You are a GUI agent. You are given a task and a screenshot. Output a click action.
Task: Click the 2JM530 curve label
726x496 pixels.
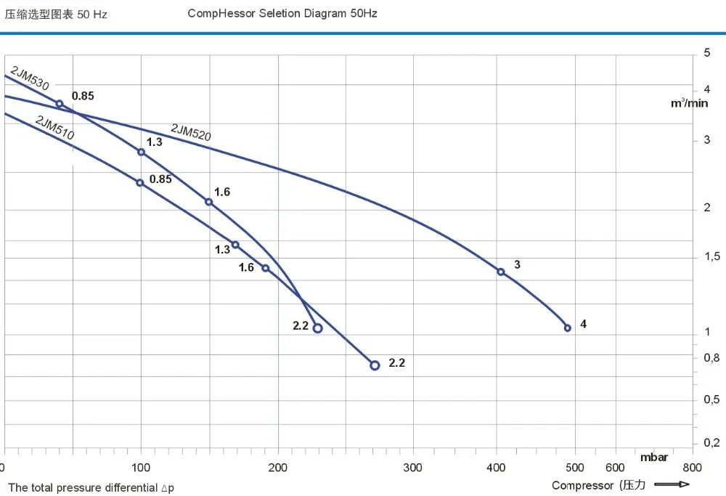tap(30, 78)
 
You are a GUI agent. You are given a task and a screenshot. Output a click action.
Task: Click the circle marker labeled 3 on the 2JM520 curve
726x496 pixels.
tap(501, 272)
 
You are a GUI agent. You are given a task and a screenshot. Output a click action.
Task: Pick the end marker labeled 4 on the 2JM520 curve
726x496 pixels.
tap(568, 328)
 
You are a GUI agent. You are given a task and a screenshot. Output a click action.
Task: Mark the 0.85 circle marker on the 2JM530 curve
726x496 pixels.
tap(60, 104)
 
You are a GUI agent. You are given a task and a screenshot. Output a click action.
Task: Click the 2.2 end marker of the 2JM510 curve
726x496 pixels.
tap(375, 365)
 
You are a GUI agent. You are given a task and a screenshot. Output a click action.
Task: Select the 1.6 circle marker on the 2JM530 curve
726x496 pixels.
tap(209, 202)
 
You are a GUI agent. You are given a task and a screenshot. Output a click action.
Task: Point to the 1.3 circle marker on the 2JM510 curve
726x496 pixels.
tap(235, 245)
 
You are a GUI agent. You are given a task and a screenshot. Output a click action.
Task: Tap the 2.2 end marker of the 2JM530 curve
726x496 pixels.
tap(317, 328)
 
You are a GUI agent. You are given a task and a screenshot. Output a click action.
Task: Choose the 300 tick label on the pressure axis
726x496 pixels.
tap(413, 468)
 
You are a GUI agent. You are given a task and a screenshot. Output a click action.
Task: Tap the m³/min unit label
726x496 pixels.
tap(688, 103)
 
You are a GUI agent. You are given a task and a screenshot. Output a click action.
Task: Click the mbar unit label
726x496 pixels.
tap(653, 458)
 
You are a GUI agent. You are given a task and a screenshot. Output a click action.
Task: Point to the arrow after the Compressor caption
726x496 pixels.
tap(672, 484)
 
